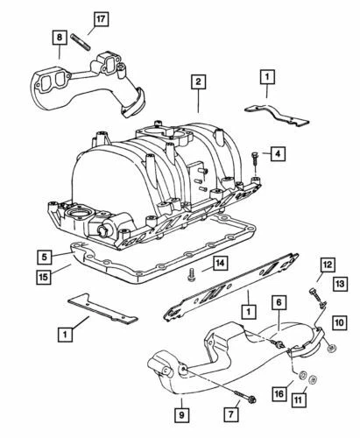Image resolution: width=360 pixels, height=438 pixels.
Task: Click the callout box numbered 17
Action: pos(76,18)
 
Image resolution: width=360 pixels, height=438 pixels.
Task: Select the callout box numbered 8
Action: pos(58,38)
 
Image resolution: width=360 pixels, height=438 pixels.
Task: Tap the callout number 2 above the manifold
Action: pos(199,81)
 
